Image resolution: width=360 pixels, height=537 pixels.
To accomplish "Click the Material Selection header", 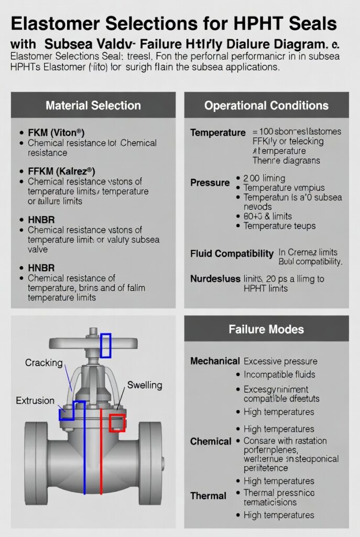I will pos(93,105).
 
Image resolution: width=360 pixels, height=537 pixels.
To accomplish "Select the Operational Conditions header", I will pos(266,105).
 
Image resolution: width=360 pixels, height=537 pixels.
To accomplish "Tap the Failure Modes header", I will pos(266,329).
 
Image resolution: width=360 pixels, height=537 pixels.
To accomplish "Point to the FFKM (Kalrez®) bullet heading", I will pos(61,171).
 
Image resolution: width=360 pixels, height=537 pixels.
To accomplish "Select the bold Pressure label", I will pos(210,182).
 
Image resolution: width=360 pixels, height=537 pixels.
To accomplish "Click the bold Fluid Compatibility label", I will pos(232,254).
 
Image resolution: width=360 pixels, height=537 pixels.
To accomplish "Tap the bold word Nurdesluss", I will pos(215,279).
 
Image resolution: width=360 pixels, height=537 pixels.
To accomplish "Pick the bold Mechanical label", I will pos(215,361).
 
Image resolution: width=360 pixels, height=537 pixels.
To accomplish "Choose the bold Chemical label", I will pos(211,442).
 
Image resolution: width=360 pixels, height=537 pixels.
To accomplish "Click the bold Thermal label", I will pos(208,496).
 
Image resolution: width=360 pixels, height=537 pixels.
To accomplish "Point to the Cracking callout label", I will pos(43,362).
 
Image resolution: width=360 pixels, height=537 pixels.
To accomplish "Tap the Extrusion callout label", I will pos(35,401).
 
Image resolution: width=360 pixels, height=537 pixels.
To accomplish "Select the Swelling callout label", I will pos(145,385).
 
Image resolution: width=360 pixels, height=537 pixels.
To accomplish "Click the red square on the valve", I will pos(117,422).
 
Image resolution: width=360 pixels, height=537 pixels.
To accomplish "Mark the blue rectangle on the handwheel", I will pos(106,345).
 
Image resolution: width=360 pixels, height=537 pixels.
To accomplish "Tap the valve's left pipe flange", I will pos(36,451).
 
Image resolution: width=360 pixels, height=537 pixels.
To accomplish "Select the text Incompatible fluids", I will pos(279,374).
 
